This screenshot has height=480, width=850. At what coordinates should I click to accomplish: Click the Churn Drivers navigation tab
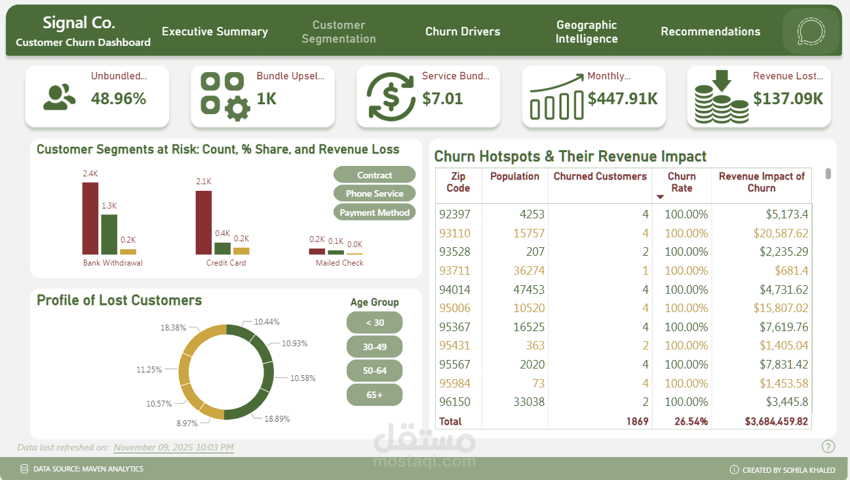tap(463, 31)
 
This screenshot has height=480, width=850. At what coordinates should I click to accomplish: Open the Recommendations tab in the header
tap(710, 31)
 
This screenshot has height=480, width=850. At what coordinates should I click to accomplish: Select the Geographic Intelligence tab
tap(587, 31)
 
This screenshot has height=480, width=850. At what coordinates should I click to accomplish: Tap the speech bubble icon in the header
tap(811, 31)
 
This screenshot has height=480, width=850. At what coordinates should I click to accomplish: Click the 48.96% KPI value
tap(119, 99)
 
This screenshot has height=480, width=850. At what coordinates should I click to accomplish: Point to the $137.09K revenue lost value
tap(788, 99)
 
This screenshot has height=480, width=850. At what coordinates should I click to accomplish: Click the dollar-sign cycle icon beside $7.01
tap(391, 97)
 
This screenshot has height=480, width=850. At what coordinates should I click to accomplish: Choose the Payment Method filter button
tap(374, 212)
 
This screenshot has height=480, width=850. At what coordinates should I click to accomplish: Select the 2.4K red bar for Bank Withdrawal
tap(90, 218)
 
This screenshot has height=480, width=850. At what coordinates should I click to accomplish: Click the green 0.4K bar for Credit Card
tap(223, 248)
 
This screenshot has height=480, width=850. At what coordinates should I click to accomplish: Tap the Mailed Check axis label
tap(339, 263)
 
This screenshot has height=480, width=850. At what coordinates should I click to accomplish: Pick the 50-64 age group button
tap(374, 370)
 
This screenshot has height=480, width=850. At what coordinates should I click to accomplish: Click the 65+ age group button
tap(374, 395)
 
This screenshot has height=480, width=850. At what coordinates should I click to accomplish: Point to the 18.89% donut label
tap(277, 418)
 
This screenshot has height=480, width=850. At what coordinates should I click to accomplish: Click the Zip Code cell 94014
tap(455, 289)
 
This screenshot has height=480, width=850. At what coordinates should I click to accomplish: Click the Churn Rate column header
tap(682, 182)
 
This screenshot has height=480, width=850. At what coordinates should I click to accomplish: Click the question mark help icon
tap(828, 447)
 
